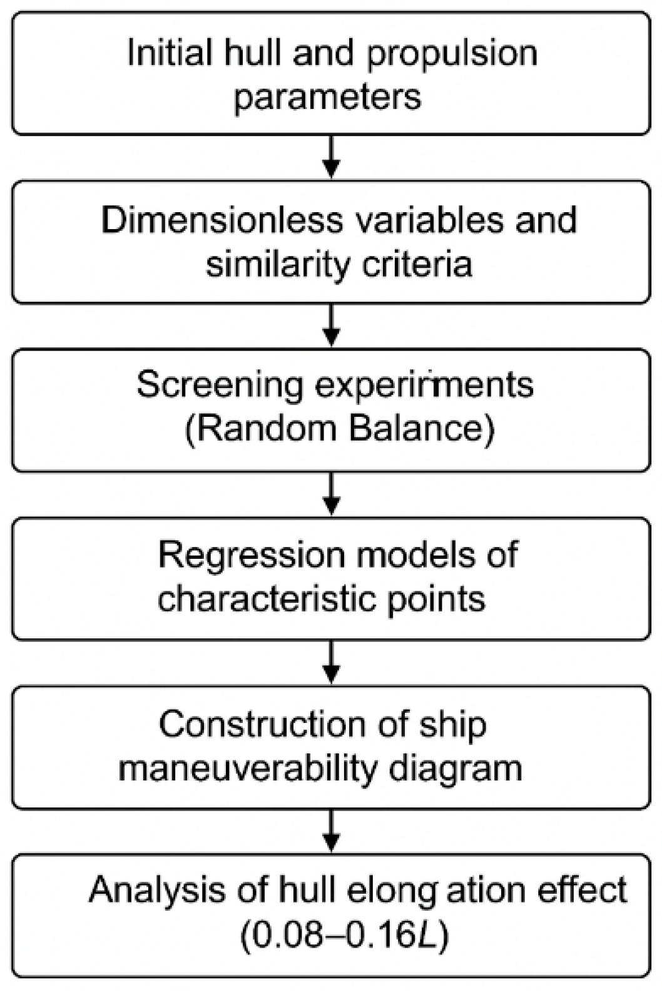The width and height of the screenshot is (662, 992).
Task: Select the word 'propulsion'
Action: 452,54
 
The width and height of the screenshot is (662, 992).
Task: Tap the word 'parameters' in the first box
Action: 328,98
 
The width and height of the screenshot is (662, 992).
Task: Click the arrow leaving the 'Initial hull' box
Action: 332,156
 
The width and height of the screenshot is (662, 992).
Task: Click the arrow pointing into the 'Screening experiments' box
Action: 332,325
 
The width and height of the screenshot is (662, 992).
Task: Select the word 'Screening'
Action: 219,385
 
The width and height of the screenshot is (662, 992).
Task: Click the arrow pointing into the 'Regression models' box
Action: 332,494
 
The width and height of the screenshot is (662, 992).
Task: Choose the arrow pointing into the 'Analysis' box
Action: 332,831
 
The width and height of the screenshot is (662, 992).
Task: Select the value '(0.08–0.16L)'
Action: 345,936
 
